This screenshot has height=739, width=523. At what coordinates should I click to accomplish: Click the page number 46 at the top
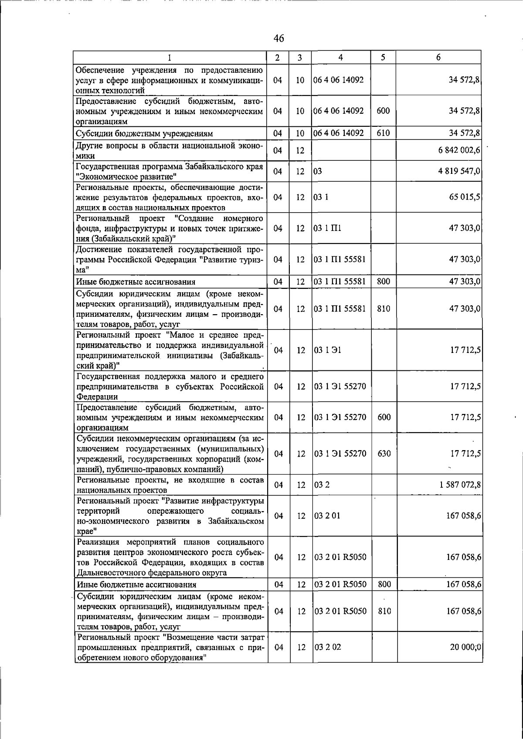(x=278, y=38)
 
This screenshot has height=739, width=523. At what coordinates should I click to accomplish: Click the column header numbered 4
(x=340, y=58)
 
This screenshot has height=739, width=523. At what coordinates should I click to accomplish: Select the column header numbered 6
(x=438, y=58)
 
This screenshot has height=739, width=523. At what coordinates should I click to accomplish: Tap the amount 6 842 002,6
(x=459, y=150)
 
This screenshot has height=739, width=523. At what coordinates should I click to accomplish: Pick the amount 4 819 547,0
(x=459, y=171)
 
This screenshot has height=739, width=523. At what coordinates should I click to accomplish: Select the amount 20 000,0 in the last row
(x=465, y=647)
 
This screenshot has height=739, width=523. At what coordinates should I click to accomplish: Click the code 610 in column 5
(x=383, y=133)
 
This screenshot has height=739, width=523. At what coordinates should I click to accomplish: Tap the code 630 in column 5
(x=384, y=454)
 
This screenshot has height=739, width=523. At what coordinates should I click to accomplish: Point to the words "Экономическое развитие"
(x=126, y=176)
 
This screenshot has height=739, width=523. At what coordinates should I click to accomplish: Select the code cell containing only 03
(x=317, y=171)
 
